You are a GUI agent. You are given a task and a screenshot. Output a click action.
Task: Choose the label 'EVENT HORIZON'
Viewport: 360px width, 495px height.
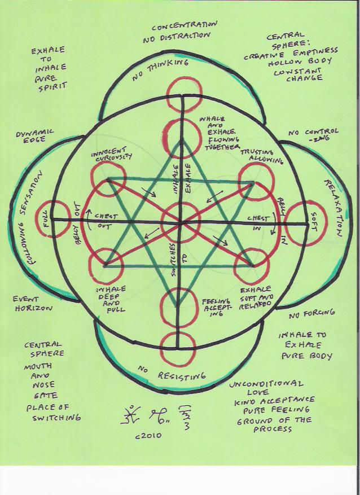click(33, 304)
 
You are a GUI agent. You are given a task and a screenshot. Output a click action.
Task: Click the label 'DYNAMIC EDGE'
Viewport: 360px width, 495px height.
click(35, 137)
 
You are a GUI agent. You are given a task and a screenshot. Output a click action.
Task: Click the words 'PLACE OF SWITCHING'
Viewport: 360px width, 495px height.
click(52, 413)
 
